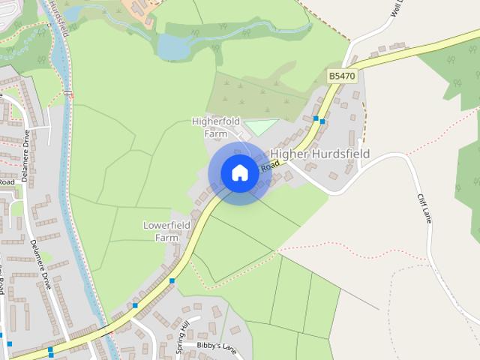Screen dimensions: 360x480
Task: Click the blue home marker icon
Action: [x=239, y=173]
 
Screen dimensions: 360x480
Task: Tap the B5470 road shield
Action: [x=341, y=76]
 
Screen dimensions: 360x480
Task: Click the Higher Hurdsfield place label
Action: [x=320, y=154]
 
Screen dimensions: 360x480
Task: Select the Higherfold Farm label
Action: [x=216, y=127]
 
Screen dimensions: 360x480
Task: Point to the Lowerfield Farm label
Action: [x=166, y=231]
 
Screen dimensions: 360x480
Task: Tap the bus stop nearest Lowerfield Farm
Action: [x=172, y=280]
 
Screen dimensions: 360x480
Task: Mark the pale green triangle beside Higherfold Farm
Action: [x=262, y=127]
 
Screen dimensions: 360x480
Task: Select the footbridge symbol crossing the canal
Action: [x=69, y=94]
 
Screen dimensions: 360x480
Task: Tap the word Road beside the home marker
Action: [x=269, y=168]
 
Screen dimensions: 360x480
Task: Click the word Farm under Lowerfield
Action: [x=166, y=238]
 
